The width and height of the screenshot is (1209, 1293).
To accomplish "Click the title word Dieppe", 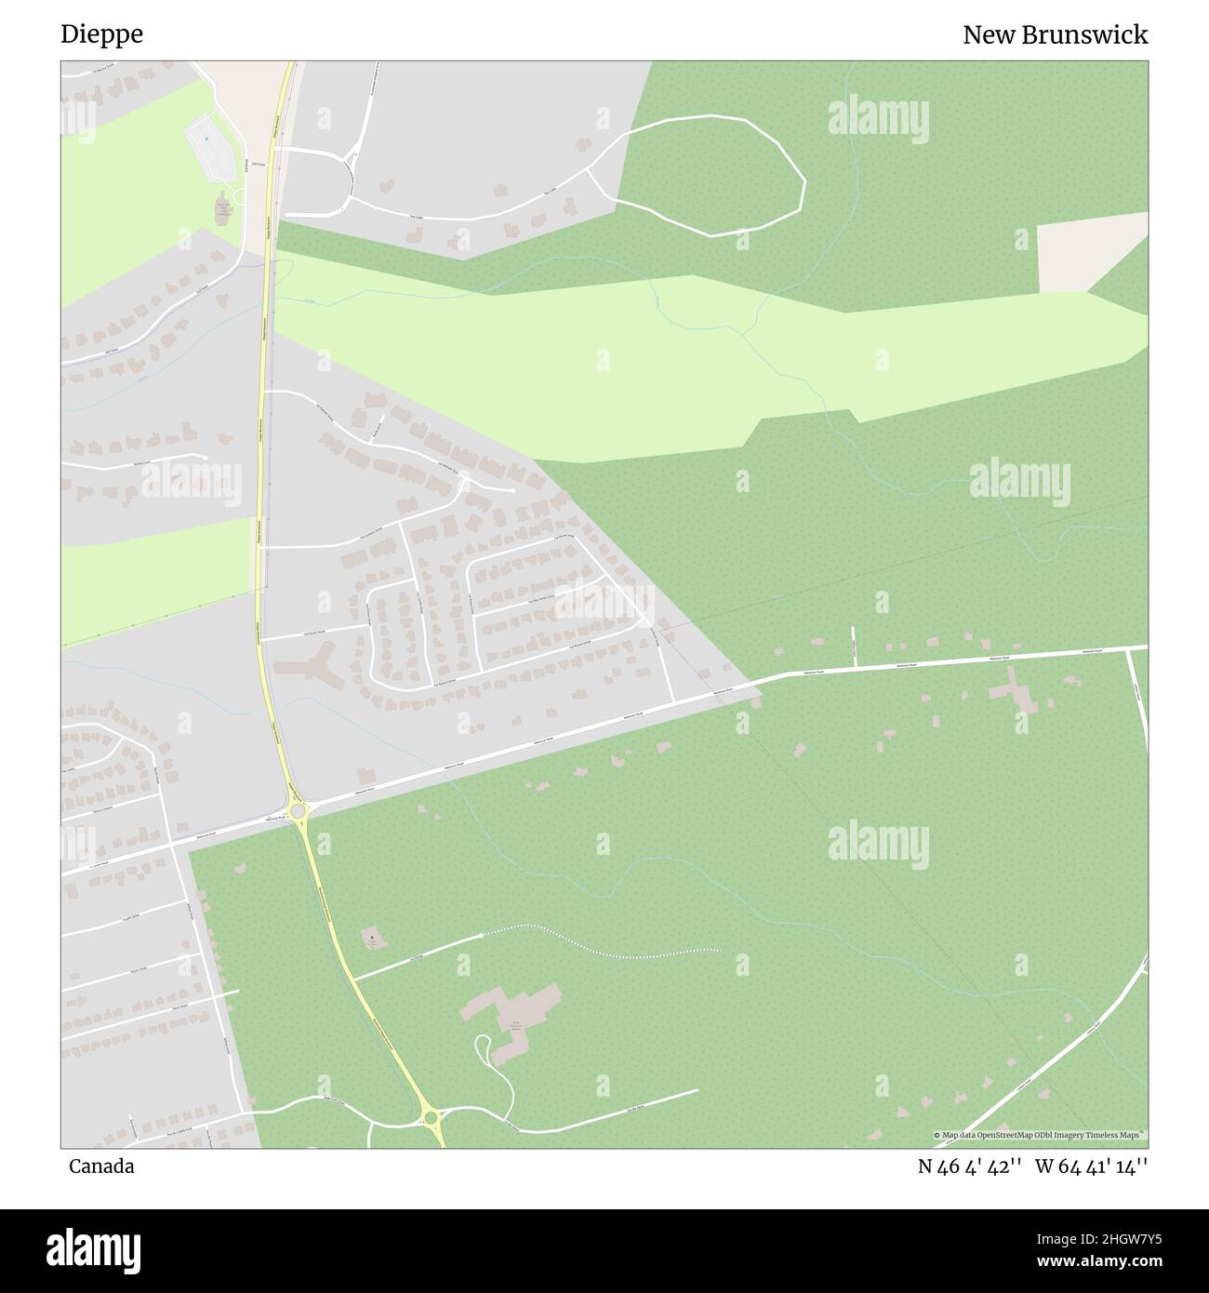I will pos(101,34).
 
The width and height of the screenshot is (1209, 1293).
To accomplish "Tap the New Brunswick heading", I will pos(1055,34).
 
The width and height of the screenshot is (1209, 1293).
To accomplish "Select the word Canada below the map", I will pos(100,1166).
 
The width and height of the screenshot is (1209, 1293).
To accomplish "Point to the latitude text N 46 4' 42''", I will pos(970,1166).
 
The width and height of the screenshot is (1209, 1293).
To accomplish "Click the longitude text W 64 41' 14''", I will pos(1091,1166).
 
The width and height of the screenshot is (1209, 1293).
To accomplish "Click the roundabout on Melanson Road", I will pos(298,812).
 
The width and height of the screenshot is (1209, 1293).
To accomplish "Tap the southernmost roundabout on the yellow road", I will pos(429,1115).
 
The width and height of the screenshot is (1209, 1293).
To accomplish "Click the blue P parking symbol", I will pos(206,139).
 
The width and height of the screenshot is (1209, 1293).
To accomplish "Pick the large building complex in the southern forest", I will pos(514,1018).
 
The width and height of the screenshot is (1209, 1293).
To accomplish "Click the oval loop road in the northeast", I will pos(707,176).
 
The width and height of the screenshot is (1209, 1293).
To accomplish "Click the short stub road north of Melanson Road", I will pos(854,647).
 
